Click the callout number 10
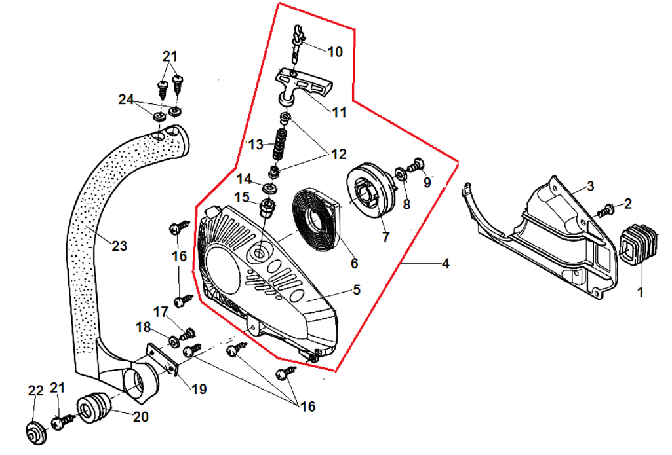(335, 52)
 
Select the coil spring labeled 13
(280, 145)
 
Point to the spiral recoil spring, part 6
(316, 219)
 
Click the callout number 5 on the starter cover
(357, 289)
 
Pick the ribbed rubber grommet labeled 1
(637, 246)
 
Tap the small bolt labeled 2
(607, 210)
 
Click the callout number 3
(590, 187)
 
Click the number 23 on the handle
(119, 246)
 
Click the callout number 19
(199, 389)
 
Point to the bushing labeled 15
(268, 208)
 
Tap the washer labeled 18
(173, 340)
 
